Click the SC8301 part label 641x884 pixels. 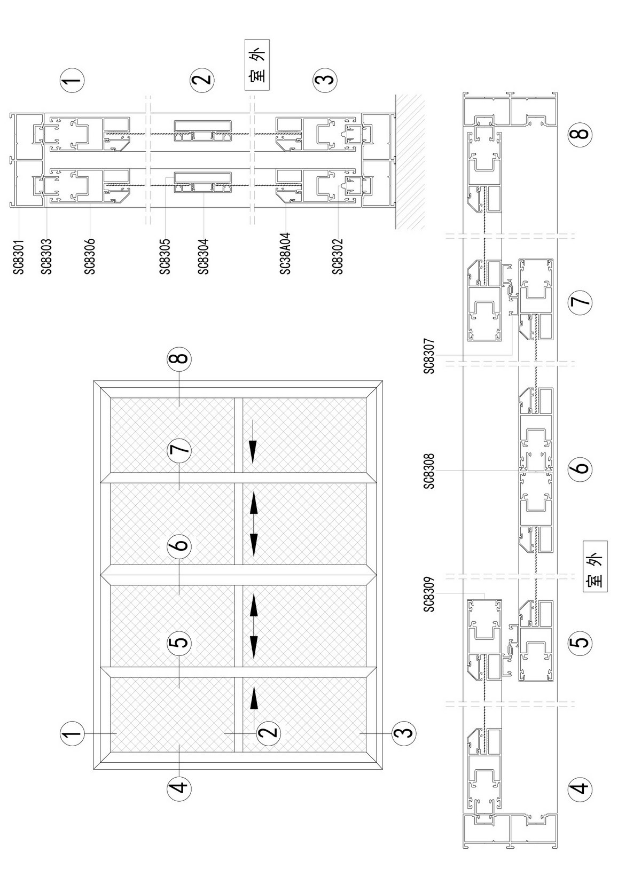pos(19,257)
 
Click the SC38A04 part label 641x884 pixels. pos(285,254)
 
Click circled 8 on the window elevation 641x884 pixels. pos(179,358)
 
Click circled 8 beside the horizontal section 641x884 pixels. pos(581,133)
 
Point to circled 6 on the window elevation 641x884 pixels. pos(179,545)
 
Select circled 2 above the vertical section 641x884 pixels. pos(202,80)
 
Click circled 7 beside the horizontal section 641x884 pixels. pos(581,302)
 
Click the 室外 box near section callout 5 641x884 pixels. pos(595,566)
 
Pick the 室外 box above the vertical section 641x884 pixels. pos(257,65)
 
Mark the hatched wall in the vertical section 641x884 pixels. pos(410,161)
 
